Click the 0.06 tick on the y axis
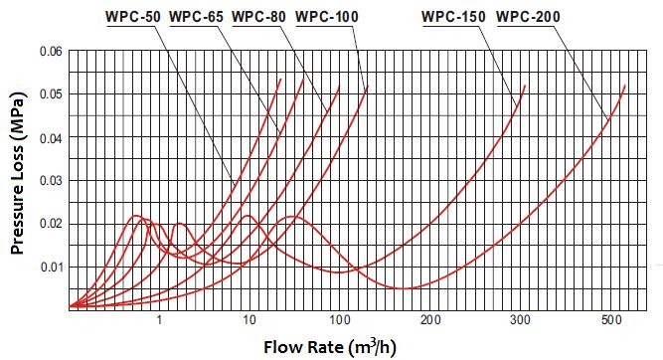point(49,51)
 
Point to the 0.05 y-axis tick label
point(49,94)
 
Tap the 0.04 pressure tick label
point(49,137)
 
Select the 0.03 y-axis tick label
point(49,181)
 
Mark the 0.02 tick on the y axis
point(49,224)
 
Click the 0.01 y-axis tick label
point(49,267)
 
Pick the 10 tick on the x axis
point(249,320)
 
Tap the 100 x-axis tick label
point(339,320)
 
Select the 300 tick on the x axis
point(520,320)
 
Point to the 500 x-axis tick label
point(610,320)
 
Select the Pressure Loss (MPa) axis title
point(18,179)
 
